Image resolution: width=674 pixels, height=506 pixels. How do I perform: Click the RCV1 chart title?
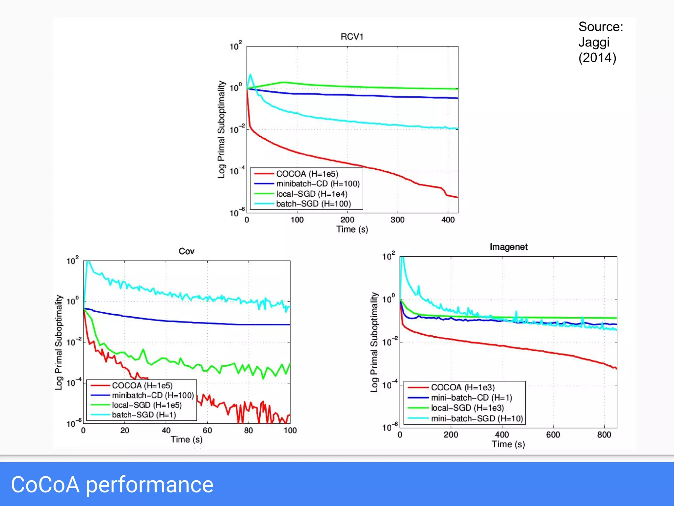pyautogui.click(x=352, y=37)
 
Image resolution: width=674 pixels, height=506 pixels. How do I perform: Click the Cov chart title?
pyautogui.click(x=186, y=251)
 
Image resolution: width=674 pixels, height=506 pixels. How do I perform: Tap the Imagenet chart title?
pyautogui.click(x=508, y=247)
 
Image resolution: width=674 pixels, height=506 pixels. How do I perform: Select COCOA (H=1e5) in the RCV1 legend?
pyautogui.click(x=307, y=174)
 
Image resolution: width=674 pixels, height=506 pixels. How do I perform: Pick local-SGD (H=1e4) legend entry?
pyautogui.click(x=311, y=194)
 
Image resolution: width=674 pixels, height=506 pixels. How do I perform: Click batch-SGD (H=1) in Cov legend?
pyautogui.click(x=144, y=415)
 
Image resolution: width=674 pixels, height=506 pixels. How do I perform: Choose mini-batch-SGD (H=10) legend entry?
pyautogui.click(x=477, y=418)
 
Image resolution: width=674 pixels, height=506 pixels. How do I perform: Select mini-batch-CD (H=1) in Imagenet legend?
pyautogui.click(x=471, y=398)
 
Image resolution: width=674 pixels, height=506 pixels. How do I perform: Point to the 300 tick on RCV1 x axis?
pyautogui.click(x=397, y=220)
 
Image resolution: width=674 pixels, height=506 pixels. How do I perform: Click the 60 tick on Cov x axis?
pyautogui.click(x=207, y=430)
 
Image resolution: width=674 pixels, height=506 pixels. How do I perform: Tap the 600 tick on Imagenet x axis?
pyautogui.click(x=553, y=435)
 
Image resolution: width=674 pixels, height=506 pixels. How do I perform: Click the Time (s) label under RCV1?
pyautogui.click(x=352, y=229)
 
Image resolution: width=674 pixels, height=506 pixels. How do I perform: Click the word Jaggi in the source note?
pyautogui.click(x=594, y=42)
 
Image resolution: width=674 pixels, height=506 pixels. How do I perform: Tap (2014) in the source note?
pyautogui.click(x=597, y=58)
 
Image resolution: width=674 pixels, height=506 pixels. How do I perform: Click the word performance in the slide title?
pyautogui.click(x=149, y=485)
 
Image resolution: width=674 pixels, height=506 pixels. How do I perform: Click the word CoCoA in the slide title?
pyautogui.click(x=45, y=485)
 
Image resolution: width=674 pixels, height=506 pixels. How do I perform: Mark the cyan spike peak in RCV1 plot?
pyautogui.click(x=250, y=75)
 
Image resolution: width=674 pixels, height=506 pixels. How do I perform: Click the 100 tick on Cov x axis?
pyautogui.click(x=290, y=430)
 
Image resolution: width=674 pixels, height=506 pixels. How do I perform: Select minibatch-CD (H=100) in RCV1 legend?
pyautogui.click(x=318, y=183)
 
